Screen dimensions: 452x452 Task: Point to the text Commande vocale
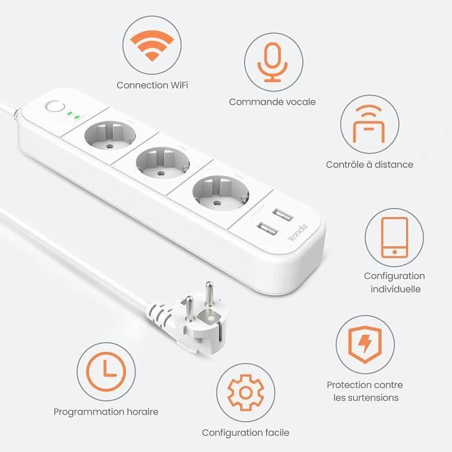coord(272,101)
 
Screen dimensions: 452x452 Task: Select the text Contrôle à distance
coord(369,165)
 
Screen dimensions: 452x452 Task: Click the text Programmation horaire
coord(106,411)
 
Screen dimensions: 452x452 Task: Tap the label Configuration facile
coord(245,432)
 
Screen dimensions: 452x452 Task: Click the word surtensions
coord(366,398)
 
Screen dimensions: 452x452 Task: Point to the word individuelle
coord(395,289)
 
